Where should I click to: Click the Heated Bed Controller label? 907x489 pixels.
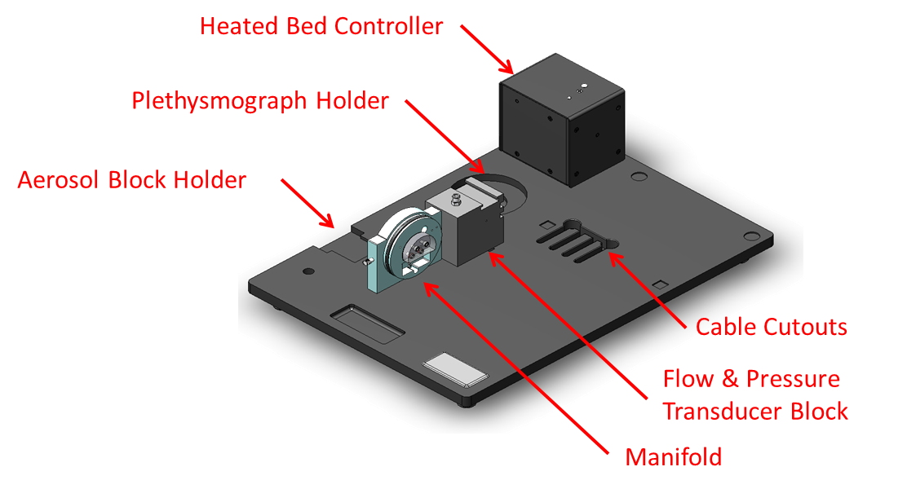[x=321, y=26]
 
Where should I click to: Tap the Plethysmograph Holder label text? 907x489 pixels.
[x=260, y=102]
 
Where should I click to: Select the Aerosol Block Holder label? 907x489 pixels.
[x=131, y=180]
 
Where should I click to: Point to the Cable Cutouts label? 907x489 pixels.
[x=771, y=328]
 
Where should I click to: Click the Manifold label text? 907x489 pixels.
[x=673, y=457]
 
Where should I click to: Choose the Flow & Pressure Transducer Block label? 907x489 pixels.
[x=754, y=395]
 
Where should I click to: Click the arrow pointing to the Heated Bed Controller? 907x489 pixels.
[x=486, y=49]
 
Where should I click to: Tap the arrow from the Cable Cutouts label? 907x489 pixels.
[x=648, y=289]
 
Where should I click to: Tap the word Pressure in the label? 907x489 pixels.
[x=794, y=379]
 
